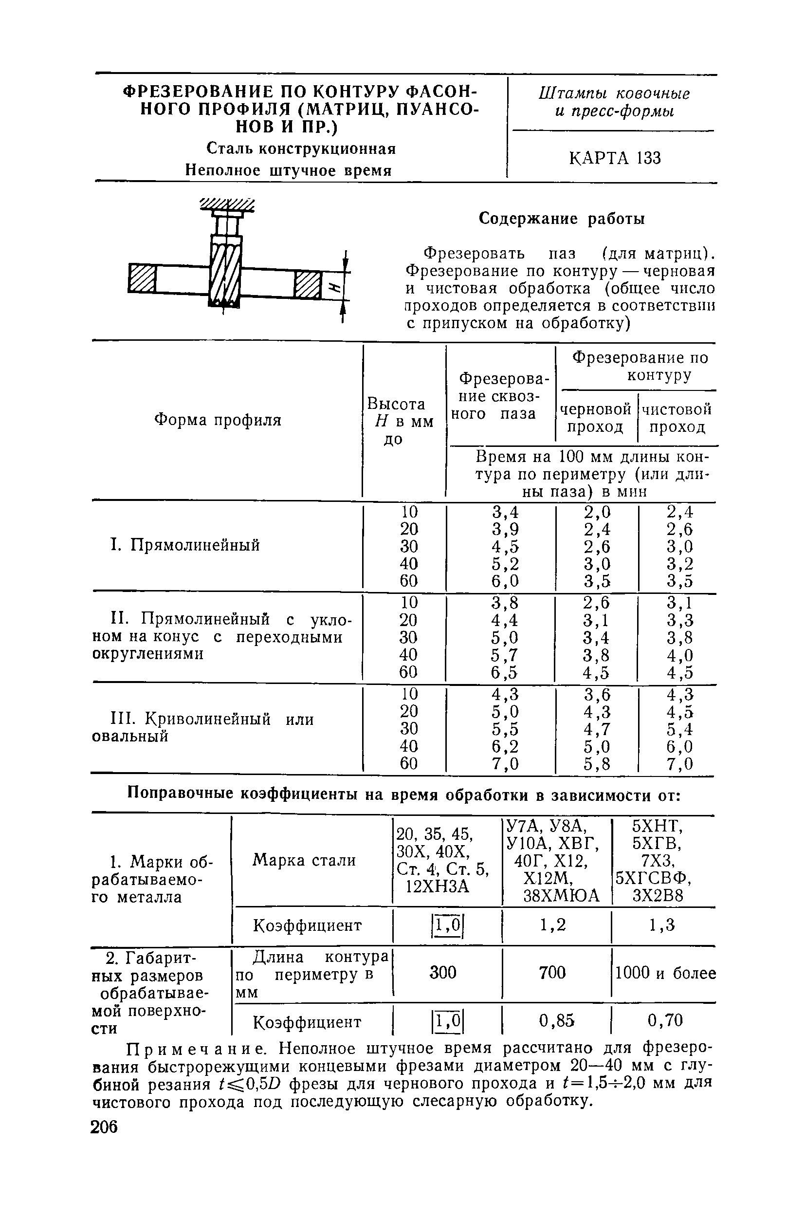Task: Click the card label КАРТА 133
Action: point(615,158)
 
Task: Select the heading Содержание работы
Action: point(562,219)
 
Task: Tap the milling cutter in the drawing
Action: point(225,271)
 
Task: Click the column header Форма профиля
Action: point(218,420)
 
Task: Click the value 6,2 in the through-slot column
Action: point(505,746)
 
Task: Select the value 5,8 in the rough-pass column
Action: point(597,764)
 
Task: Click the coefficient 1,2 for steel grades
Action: point(553,925)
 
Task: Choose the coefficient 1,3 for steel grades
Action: point(662,925)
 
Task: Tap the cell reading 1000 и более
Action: point(665,973)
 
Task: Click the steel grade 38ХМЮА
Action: point(561,896)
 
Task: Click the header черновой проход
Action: point(596,418)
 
